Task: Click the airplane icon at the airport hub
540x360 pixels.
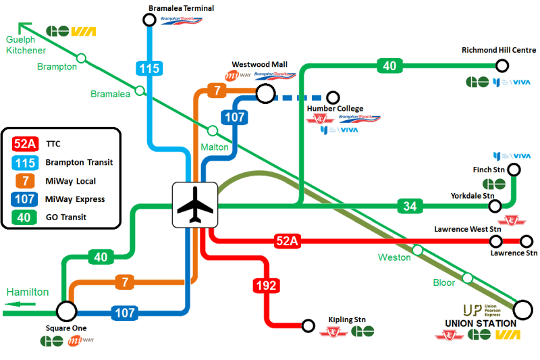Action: [194, 205]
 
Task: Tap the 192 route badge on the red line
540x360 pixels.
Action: [267, 286]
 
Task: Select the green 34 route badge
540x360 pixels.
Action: [409, 206]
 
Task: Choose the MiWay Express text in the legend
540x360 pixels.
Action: [75, 199]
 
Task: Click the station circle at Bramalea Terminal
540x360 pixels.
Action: [150, 20]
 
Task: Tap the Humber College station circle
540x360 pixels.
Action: [332, 98]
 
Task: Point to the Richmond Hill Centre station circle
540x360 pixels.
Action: [502, 66]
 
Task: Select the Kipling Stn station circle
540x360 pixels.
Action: [308, 326]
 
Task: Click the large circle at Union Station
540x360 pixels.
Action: [522, 310]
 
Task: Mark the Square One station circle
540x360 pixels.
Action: [65, 311]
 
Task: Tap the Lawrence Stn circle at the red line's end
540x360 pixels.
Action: [526, 241]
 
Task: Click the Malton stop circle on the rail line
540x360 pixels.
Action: [212, 130]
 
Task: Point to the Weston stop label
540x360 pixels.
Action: [394, 257]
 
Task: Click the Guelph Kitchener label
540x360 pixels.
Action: [26, 45]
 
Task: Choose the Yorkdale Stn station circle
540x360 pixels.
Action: [495, 206]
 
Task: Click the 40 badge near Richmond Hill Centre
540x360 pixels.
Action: [389, 66]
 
